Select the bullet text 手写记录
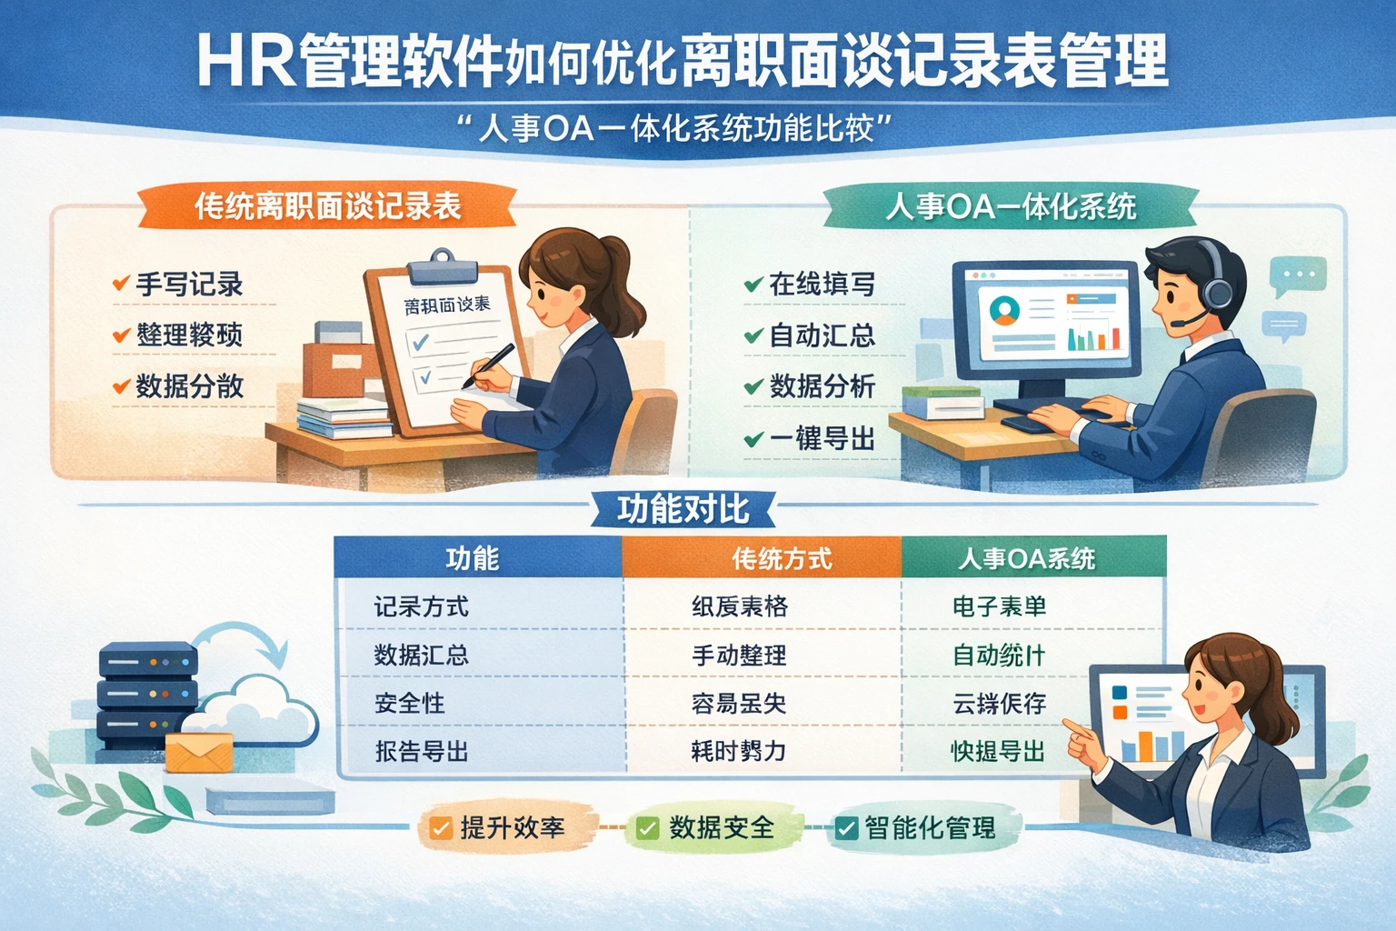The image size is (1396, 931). pos(189,285)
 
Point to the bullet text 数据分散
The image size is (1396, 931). pos(189,386)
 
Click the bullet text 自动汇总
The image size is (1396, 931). pos(822,335)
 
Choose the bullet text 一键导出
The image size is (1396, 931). pos(822,439)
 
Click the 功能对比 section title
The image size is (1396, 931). pos(683,509)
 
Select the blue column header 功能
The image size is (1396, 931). pos(473,557)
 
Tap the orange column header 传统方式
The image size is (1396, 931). pos(782,557)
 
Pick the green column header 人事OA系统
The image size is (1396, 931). pos(1026,557)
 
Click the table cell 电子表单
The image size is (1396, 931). pos(999,606)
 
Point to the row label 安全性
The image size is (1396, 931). pos(410,703)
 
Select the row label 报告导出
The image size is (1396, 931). pos(422,752)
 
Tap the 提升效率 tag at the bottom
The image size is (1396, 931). pos(500,828)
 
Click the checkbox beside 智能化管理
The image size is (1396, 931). pos(846,828)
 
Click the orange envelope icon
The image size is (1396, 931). pos(199,752)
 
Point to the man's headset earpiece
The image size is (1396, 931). pos(1218,292)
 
